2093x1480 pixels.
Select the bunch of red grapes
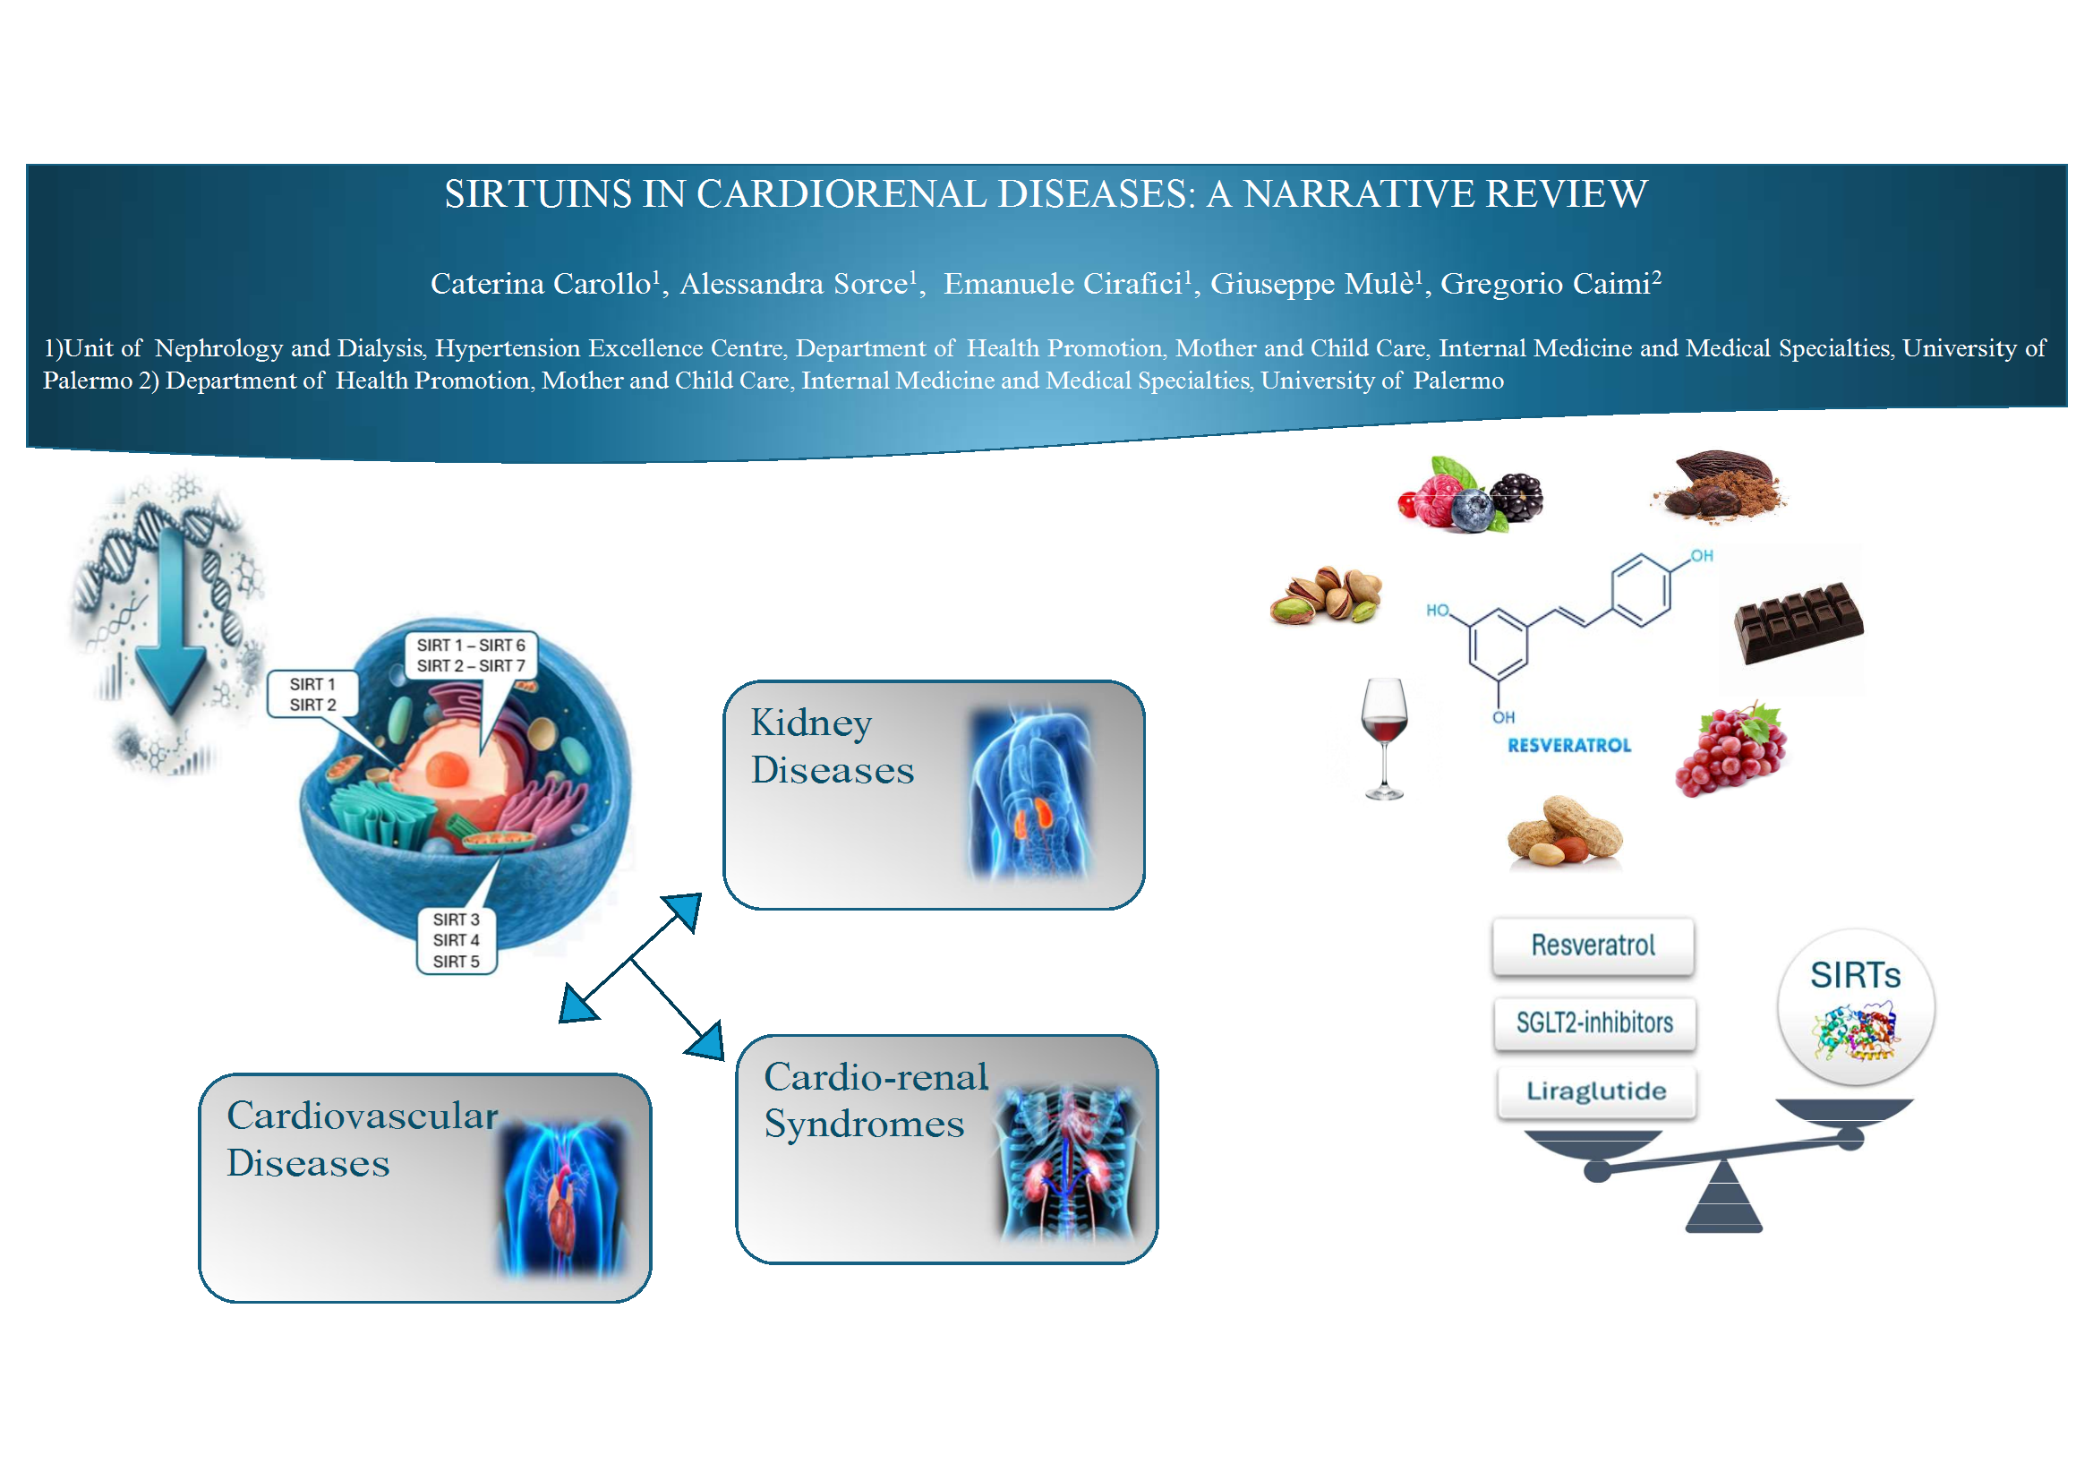pos(1731,750)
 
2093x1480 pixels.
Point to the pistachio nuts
pos(1328,595)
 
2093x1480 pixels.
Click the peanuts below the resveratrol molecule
pos(1564,831)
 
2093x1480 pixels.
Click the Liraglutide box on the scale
pos(1596,1091)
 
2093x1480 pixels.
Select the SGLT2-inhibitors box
pos(1594,1023)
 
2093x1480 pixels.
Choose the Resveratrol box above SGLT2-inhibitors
pos(1593,945)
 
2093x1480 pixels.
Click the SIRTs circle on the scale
pos(1855,1006)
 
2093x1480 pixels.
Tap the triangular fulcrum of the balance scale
pos(1723,1198)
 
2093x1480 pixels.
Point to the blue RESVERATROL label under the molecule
pos(1568,746)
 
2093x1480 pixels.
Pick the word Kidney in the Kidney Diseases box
pos(811,723)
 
